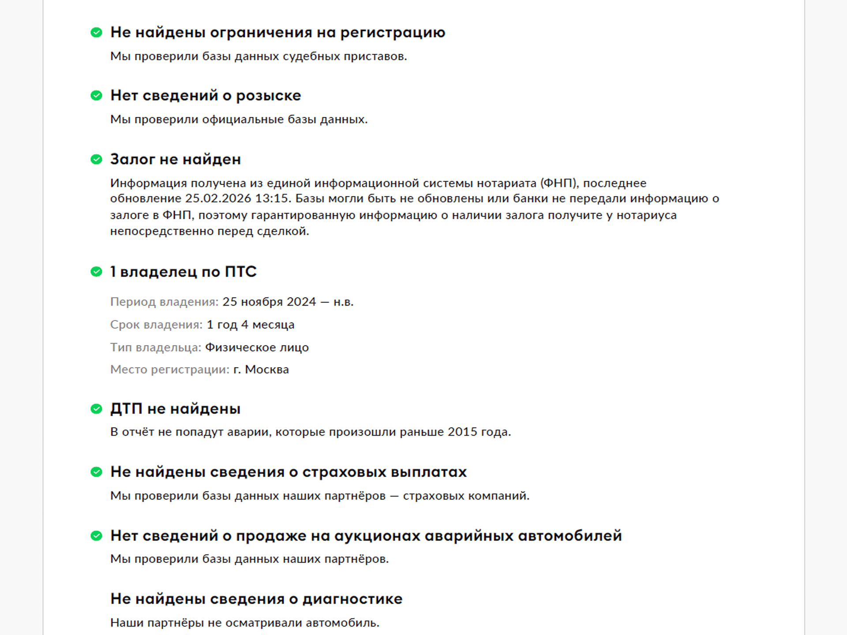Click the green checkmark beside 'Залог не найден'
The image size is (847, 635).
pos(96,159)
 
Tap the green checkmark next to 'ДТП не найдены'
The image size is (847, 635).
pos(96,409)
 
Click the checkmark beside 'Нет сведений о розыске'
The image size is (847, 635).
pos(96,96)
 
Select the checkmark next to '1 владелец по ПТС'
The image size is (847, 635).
pos(96,272)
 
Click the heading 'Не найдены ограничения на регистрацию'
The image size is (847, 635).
pos(277,33)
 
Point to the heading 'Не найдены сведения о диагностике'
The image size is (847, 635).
pos(256,599)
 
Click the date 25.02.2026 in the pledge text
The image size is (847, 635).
pos(218,199)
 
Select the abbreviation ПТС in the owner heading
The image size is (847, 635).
pos(240,272)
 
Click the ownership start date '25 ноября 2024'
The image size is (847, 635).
pos(269,302)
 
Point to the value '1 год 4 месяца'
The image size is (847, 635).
pos(250,325)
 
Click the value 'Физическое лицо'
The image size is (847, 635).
pos(257,347)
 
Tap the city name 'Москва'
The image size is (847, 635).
pos(266,370)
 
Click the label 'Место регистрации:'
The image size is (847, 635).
pos(170,370)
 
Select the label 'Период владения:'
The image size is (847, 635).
pos(164,302)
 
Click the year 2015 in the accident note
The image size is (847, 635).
pos(462,432)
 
